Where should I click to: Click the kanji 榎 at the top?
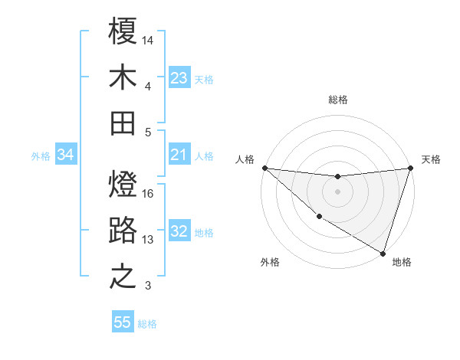click(123, 31)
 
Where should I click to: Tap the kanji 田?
click(123, 123)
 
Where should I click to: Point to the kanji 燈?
click(123, 185)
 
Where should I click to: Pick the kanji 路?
click(123, 231)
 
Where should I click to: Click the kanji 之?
click(123, 277)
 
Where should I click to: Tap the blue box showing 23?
click(179, 78)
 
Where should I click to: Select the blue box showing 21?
click(179, 155)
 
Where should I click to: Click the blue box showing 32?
click(179, 232)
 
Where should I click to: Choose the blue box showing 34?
click(66, 155)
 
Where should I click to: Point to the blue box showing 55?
click(123, 322)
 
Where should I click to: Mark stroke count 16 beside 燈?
click(148, 194)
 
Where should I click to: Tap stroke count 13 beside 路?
click(148, 240)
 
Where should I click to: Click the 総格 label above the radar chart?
click(337, 100)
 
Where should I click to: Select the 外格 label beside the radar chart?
click(270, 263)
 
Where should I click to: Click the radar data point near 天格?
click(411, 168)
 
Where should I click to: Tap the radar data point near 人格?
click(264, 168)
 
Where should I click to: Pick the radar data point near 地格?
click(383, 252)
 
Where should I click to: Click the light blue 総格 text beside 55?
click(147, 323)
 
